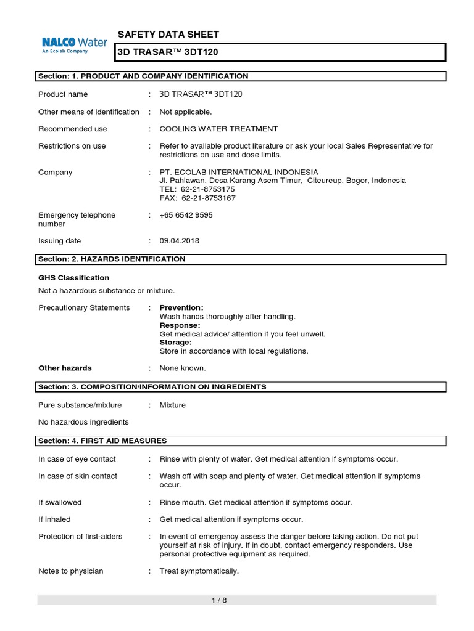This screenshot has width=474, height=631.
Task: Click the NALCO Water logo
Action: point(74,45)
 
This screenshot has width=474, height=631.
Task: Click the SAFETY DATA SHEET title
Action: point(168,35)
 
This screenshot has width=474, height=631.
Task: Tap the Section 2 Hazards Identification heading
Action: point(112,259)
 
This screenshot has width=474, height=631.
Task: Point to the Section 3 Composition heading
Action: point(152,387)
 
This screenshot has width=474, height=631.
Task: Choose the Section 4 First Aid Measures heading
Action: point(102,441)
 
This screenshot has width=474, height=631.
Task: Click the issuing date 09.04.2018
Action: point(180,241)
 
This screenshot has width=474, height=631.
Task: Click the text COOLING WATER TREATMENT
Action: point(218,129)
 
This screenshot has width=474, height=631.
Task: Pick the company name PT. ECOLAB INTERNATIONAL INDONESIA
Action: point(239,173)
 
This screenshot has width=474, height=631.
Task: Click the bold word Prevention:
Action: point(181,307)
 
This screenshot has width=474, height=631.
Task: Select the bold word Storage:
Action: point(176,342)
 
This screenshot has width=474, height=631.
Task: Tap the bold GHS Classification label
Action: point(73,278)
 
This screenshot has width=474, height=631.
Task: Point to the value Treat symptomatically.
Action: point(199,571)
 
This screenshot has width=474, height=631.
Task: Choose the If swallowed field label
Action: point(60,502)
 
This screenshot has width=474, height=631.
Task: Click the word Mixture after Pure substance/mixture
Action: point(173,405)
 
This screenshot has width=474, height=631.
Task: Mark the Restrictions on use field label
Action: point(72,146)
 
